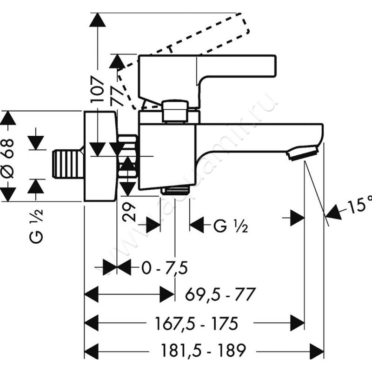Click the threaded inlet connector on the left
point(67,163)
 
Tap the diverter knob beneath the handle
point(176,111)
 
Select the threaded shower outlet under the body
point(175,190)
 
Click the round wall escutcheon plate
point(99,156)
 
